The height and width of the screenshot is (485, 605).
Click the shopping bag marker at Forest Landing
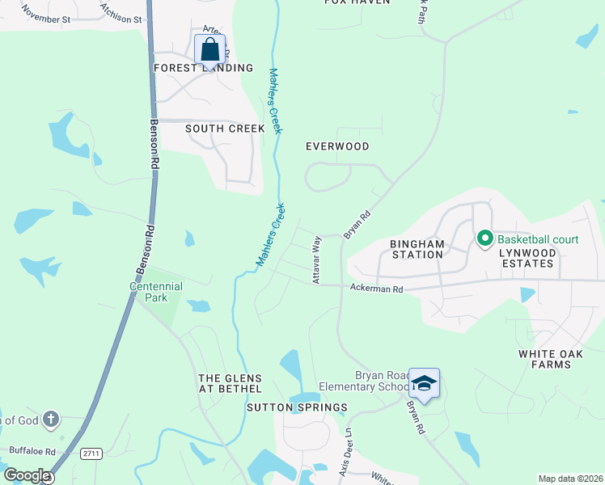point(209,49)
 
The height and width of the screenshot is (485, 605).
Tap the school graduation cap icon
point(424,383)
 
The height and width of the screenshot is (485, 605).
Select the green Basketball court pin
point(485,238)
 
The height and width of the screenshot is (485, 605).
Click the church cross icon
point(50,419)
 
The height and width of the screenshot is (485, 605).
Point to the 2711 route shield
point(91,454)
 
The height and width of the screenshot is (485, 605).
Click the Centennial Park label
point(156,292)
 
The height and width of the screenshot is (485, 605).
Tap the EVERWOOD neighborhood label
point(337,146)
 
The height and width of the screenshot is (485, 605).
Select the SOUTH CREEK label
point(225,129)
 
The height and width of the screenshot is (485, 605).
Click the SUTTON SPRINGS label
point(297,407)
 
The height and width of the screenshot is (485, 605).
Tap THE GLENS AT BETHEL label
point(231,384)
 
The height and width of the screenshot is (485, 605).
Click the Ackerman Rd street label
point(376,289)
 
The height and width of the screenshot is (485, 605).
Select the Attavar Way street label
point(317,259)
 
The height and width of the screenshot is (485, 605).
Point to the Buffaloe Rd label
point(32,450)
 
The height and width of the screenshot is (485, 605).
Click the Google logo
point(27,475)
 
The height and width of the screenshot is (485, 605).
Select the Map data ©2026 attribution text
point(570,479)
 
